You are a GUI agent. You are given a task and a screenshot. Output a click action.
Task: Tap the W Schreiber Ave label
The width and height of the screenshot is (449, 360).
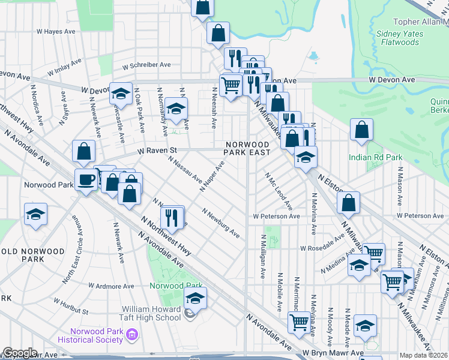pos(146,65)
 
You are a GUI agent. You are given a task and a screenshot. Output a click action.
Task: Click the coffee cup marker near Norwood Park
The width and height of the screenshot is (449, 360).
pos(86,179)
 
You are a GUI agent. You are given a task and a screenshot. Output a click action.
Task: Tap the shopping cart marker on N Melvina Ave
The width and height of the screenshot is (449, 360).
pos(299,322)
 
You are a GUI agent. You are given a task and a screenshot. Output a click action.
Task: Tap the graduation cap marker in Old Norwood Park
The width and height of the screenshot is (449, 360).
pos(36,214)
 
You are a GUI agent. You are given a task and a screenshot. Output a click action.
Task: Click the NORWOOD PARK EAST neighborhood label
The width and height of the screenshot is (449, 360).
pos(247,148)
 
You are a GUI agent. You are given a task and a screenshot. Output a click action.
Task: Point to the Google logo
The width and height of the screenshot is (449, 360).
pos(20,353)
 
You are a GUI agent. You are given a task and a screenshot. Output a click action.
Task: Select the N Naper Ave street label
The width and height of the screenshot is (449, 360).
pos(212,176)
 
